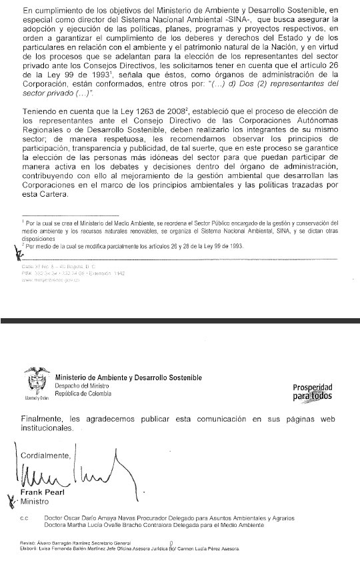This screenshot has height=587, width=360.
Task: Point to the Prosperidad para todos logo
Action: tap(312, 392)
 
